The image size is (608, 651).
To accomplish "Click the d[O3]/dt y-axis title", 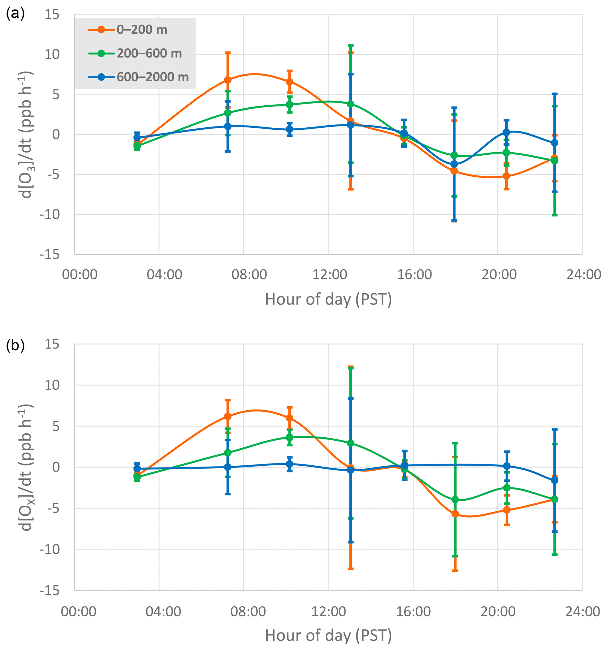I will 26,135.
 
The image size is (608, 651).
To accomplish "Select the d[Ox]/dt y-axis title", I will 26,467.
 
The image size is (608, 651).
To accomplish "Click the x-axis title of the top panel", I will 328,299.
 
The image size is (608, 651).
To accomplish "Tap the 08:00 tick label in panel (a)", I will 249,274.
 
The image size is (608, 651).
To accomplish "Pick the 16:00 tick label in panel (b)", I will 413,611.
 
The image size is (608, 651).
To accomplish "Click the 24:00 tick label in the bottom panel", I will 582,611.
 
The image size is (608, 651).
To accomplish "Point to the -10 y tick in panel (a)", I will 50,214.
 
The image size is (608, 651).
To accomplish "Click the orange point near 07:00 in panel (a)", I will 228,80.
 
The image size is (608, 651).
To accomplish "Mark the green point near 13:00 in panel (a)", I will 350,104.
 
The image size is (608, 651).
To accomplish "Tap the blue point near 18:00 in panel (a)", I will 454,164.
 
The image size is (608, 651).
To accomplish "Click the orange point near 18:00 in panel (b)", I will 455,514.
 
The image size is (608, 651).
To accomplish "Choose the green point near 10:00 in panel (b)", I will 289,437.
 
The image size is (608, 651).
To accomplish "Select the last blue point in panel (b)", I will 554,480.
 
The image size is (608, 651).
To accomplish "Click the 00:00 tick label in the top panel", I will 79,274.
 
